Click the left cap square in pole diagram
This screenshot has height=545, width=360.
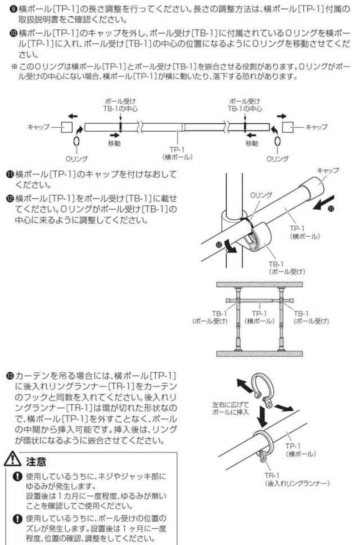[67, 127]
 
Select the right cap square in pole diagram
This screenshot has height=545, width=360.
[288, 127]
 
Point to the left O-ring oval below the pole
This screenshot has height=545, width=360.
[76, 142]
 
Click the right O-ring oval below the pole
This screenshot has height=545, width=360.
[277, 142]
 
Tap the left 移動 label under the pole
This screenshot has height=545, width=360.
[114, 143]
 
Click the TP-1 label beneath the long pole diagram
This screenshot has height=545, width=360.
[177, 150]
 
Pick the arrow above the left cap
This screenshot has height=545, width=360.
[73, 116]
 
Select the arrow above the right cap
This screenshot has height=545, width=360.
[282, 116]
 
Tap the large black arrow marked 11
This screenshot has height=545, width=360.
[323, 203]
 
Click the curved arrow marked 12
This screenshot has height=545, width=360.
[229, 246]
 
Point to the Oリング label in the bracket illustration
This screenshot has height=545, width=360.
[261, 195]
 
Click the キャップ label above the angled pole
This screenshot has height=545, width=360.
[328, 170]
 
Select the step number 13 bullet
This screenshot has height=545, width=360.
[10, 376]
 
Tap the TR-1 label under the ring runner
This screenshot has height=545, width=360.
[272, 475]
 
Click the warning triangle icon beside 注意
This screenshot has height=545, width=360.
[13, 459]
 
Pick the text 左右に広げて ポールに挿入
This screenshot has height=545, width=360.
[231, 408]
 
